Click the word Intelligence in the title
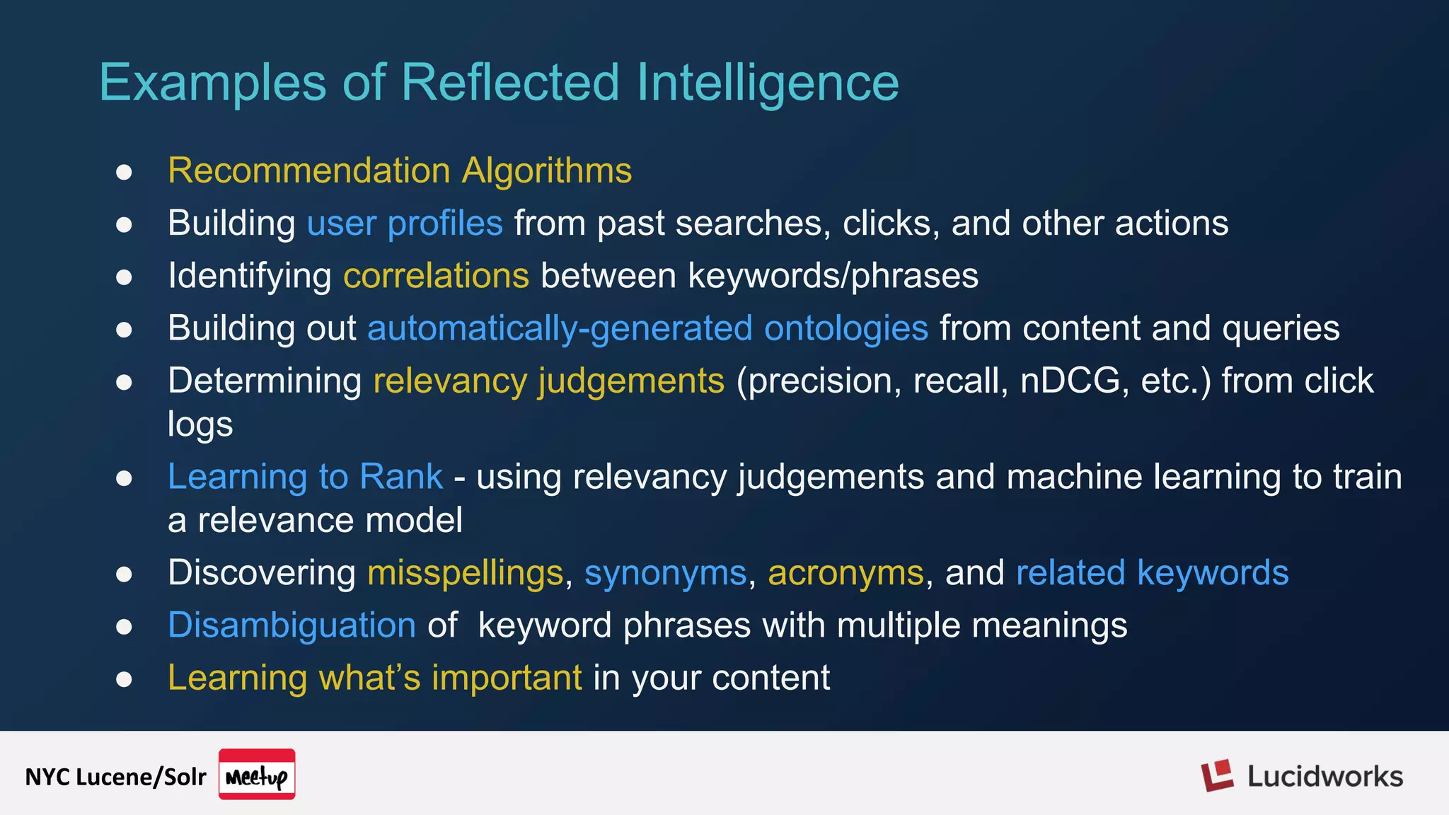point(768,83)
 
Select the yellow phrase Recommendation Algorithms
point(400,170)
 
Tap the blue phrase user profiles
point(405,224)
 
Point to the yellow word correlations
point(436,276)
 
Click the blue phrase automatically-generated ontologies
point(647,328)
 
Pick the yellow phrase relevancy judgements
point(548,381)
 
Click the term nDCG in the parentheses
point(1070,381)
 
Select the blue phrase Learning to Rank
point(305,476)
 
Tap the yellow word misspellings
point(465,572)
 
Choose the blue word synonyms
point(665,572)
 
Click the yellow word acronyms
point(845,572)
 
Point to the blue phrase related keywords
point(1152,572)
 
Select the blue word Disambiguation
point(291,625)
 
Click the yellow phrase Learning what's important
point(375,678)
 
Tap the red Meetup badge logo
point(257,775)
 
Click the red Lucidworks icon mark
point(1217,776)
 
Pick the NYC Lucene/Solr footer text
point(115,777)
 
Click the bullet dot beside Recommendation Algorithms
point(124,172)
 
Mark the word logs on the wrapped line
point(200,424)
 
